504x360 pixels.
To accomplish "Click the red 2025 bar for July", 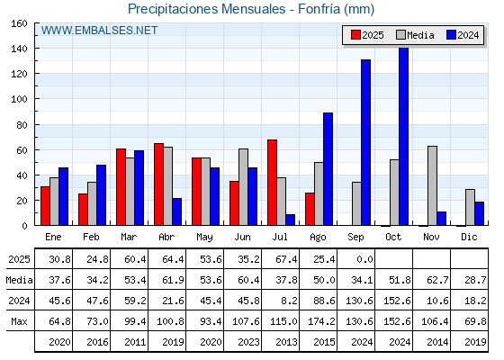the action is point(272,183).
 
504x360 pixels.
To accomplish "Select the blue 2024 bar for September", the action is point(365,142).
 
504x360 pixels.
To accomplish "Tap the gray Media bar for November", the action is point(432,185).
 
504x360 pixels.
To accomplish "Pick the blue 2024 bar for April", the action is point(176,211).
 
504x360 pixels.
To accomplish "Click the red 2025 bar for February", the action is point(83,210).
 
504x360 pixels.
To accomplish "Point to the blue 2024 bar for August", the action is point(328,169).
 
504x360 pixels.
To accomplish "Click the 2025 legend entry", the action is point(367,35).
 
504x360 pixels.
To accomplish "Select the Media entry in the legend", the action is point(415,35).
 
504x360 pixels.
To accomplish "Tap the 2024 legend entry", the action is point(463,35).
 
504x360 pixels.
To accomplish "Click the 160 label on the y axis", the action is point(20,23).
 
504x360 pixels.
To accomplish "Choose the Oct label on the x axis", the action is point(394,237).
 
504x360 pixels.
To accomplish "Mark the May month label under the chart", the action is point(205,238).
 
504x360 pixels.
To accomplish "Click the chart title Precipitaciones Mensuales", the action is point(207,9).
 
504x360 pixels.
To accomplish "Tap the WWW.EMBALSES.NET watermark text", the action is point(99,31).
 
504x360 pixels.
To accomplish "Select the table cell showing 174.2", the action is point(321,321).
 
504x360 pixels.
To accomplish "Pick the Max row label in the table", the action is point(19,321).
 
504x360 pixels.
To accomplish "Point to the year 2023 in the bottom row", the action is point(248,342).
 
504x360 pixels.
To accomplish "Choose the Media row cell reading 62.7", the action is point(437,280).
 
